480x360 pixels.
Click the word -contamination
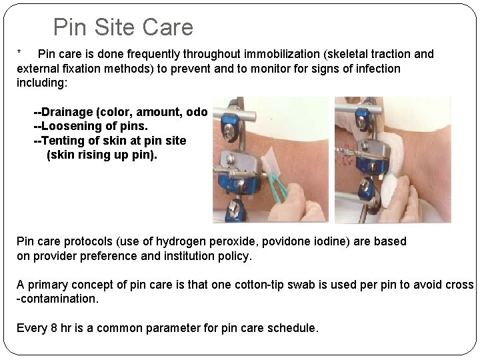(x=58, y=299)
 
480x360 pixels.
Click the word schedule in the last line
(x=295, y=329)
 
